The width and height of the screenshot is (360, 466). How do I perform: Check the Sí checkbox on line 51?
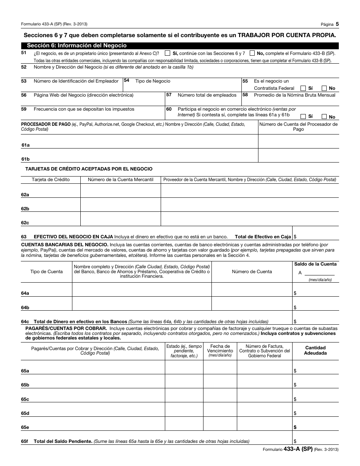pyautogui.click(x=167, y=53)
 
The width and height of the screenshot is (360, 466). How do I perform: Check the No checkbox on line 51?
pyautogui.click(x=252, y=53)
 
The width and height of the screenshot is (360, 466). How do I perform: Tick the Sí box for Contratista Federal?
pyautogui.click(x=303, y=88)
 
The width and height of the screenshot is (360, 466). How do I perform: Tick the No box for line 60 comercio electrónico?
pyautogui.click(x=324, y=117)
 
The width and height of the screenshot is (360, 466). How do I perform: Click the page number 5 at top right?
pyautogui.click(x=337, y=24)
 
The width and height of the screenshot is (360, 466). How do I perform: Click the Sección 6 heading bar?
pyautogui.click(x=180, y=45)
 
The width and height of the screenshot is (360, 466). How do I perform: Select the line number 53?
pyautogui.click(x=24, y=81)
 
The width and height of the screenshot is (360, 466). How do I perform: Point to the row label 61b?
pyautogui.click(x=25, y=159)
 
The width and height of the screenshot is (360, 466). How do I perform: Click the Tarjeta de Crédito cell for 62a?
pyautogui.click(x=51, y=191)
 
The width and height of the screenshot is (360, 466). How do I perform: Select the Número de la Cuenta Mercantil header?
pyautogui.click(x=121, y=180)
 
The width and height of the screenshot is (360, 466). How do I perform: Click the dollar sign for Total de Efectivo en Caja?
pyautogui.click(x=295, y=237)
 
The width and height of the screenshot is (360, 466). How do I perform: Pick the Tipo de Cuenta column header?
pyautogui.click(x=47, y=272)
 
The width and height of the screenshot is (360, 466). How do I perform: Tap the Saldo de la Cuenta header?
pyautogui.click(x=315, y=264)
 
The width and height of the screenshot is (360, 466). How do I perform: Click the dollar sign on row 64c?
pyautogui.click(x=295, y=322)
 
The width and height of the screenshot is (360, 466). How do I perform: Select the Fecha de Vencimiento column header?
pyautogui.click(x=220, y=349)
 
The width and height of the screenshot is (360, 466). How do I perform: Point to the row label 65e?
pyautogui.click(x=25, y=427)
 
